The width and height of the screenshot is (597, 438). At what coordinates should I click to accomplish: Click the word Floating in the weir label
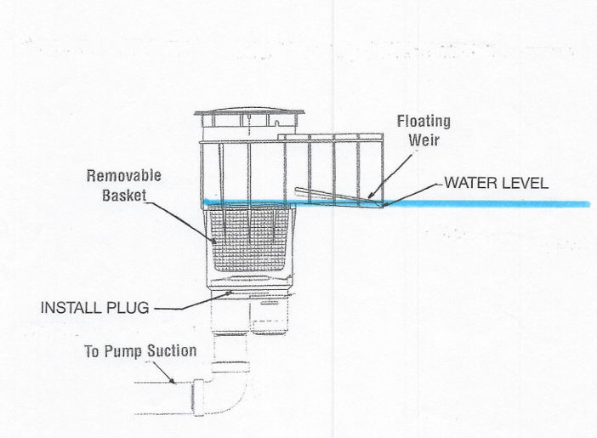tap(424, 122)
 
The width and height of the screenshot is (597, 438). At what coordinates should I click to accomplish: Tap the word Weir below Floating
tap(424, 139)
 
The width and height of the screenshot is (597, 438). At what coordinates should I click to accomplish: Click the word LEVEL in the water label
tap(526, 182)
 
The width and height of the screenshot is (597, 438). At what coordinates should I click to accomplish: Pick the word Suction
tap(173, 350)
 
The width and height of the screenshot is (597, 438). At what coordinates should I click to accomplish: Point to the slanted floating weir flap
tap(336, 193)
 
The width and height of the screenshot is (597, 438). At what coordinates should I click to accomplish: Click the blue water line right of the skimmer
tap(493, 203)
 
